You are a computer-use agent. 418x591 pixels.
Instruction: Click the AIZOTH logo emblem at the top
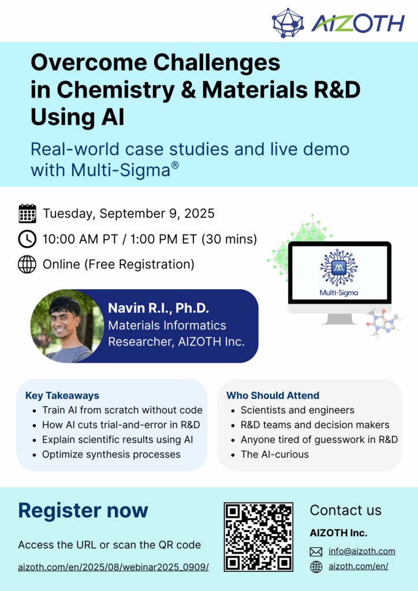(288, 23)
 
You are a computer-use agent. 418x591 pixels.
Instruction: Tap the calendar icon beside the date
(27, 214)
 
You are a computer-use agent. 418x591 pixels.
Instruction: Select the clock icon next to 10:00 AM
(27, 239)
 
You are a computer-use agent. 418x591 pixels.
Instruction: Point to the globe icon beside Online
(27, 264)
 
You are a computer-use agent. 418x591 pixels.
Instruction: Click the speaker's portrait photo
(67, 326)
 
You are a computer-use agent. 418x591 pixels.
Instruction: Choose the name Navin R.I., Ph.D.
(158, 308)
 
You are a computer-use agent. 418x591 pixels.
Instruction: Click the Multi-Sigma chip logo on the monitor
(338, 268)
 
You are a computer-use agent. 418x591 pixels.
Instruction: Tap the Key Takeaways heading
(62, 395)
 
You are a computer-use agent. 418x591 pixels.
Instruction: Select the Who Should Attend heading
(273, 395)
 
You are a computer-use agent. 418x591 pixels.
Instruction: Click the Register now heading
(83, 510)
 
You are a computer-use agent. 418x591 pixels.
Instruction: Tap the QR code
(259, 537)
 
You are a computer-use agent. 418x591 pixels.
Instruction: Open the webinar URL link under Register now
(114, 567)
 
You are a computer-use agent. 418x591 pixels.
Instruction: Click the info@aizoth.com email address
(362, 551)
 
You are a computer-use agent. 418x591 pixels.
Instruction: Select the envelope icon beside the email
(316, 552)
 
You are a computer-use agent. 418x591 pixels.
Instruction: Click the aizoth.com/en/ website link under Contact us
(359, 566)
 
